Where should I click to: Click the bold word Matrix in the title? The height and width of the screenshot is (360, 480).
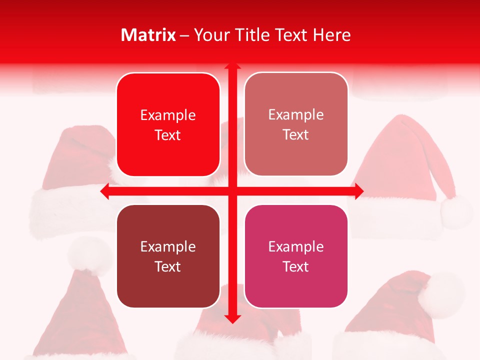pos(148,35)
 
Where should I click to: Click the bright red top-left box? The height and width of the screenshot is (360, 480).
pos(168,124)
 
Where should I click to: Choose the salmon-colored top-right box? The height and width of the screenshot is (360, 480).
pos(296,124)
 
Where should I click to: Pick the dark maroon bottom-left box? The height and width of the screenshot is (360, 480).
pos(168,256)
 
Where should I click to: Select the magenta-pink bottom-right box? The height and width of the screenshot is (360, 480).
pos(296,256)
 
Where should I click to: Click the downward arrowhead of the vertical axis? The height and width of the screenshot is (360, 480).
pos(232,318)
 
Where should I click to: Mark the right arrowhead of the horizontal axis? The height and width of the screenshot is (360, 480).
pos(358,191)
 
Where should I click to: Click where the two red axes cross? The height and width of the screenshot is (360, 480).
pos(232,191)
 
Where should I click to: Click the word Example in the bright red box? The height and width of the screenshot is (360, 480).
pos(168,115)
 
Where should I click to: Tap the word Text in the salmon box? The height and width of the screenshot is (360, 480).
pos(296,135)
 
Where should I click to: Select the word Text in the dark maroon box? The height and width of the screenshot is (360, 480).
pos(168,266)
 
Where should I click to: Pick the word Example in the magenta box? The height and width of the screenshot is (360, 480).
pos(296,246)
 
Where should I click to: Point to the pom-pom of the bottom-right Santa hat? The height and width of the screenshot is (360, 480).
pos(440,295)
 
